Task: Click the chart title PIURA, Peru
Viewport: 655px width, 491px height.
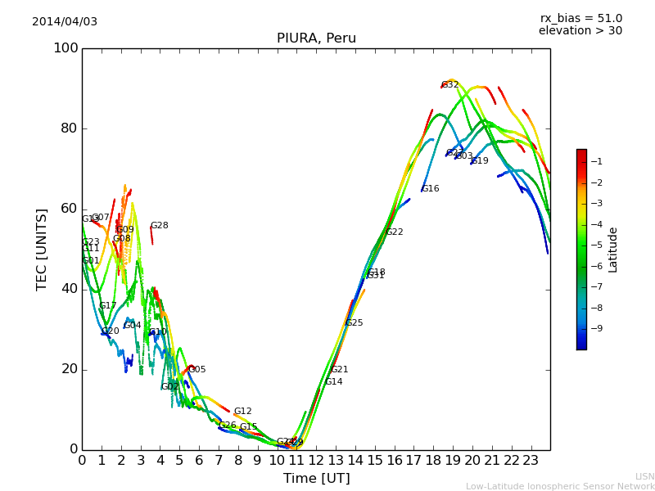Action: (x=316, y=38)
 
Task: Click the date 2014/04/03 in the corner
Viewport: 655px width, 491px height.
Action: (x=65, y=21)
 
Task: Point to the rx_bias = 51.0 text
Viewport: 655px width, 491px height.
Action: (x=580, y=18)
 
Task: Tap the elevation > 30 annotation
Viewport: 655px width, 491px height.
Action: (x=580, y=31)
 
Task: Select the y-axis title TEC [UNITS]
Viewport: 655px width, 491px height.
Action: (x=42, y=249)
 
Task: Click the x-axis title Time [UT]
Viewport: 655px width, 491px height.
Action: (x=316, y=478)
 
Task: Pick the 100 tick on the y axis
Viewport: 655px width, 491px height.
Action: (x=65, y=48)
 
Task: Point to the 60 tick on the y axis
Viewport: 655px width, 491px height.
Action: (x=69, y=209)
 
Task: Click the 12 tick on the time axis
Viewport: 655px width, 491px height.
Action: (x=316, y=461)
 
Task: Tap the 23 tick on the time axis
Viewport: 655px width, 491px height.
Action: (x=531, y=461)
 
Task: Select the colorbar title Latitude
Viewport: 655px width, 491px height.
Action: (x=612, y=250)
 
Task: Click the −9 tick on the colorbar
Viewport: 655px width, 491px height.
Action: (x=596, y=328)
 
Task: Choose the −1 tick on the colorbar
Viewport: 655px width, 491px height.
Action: (x=596, y=161)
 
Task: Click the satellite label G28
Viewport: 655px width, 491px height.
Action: (x=159, y=226)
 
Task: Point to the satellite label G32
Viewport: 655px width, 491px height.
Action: (x=450, y=85)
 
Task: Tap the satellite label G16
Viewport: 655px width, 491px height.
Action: (x=431, y=189)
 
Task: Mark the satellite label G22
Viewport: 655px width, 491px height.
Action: (x=395, y=232)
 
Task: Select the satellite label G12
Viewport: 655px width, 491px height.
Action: (x=243, y=412)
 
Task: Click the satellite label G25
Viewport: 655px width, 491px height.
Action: (x=355, y=323)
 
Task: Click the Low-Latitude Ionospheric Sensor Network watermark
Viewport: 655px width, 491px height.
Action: (x=560, y=486)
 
